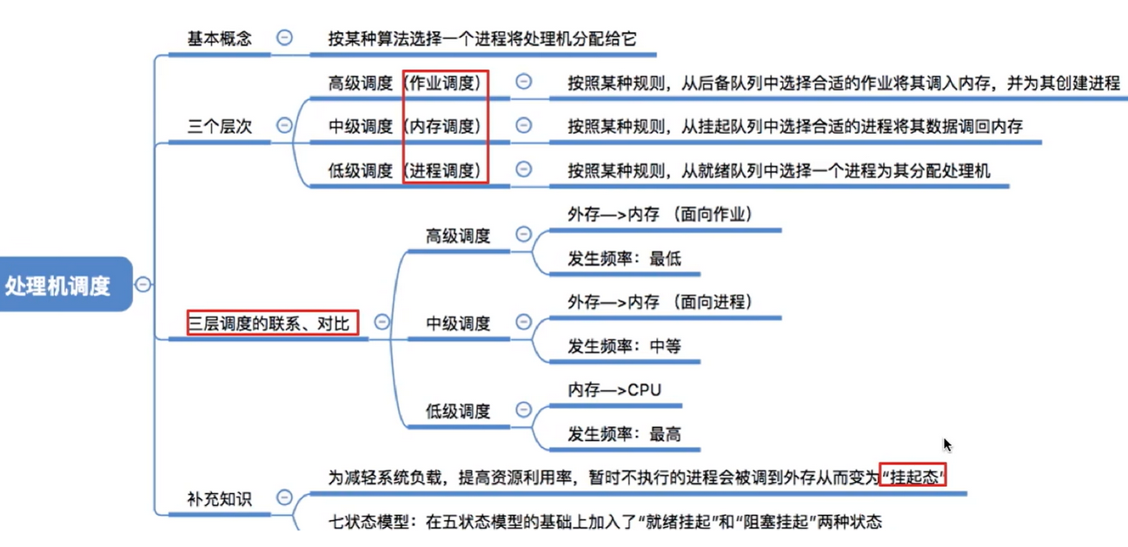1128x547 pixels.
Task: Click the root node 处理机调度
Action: pos(59,285)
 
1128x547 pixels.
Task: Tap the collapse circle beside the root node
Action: pos(143,284)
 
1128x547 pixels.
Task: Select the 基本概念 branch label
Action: pos(219,39)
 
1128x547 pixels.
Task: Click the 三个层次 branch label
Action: pos(219,125)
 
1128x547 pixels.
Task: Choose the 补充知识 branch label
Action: pos(219,499)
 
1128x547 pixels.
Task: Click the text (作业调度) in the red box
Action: pos(444,83)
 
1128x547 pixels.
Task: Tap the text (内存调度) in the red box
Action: pos(444,126)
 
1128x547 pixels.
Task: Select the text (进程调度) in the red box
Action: pos(444,170)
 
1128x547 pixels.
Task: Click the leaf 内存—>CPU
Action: pos(614,390)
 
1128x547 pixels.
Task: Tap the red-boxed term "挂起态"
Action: pos(912,477)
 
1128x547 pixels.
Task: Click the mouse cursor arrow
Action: pos(946,444)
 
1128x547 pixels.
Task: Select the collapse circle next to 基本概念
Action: pos(284,37)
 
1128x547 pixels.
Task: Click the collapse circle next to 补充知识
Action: pos(284,497)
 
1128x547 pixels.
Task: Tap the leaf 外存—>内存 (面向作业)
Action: pos(660,214)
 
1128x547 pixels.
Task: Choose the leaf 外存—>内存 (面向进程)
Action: pos(660,302)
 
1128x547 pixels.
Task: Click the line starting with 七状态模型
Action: pos(604,523)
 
